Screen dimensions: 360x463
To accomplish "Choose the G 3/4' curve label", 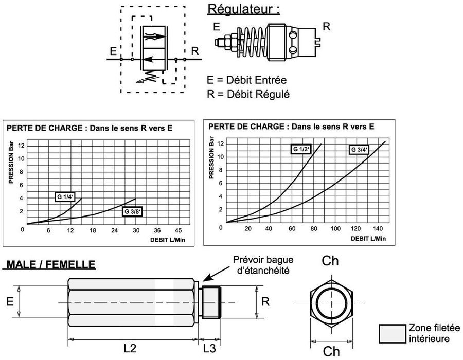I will click(x=360, y=150).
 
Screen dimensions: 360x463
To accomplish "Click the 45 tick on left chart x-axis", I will click(x=179, y=230).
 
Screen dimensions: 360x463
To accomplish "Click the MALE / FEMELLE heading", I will click(x=50, y=264).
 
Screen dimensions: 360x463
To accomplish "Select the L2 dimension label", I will click(x=129, y=348).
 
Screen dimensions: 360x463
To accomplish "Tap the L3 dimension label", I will click(x=210, y=348).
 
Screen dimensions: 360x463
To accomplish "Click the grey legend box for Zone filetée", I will click(x=391, y=333).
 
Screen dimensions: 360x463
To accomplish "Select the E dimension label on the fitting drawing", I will click(x=10, y=302).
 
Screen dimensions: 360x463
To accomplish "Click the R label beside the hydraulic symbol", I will click(x=194, y=51).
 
